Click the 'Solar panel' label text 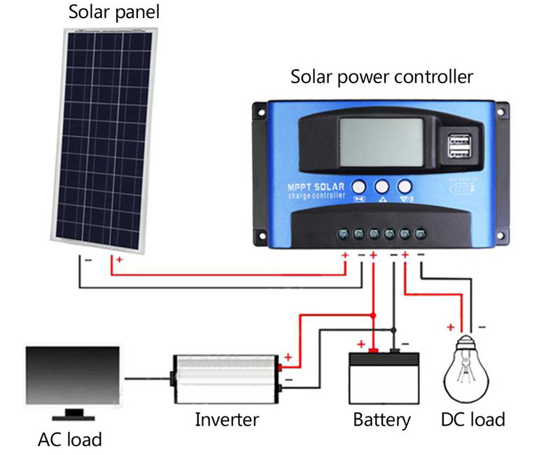click(114, 12)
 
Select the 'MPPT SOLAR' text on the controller click(317, 187)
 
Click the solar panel click(105, 140)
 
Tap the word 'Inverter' click(226, 420)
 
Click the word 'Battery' click(381, 420)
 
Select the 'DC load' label click(472, 419)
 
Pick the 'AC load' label click(69, 440)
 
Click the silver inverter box click(225, 379)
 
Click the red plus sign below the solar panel click(119, 260)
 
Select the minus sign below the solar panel click(88, 260)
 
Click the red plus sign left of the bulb click(450, 327)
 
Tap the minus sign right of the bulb click(483, 326)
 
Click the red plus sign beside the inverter click(288, 358)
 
